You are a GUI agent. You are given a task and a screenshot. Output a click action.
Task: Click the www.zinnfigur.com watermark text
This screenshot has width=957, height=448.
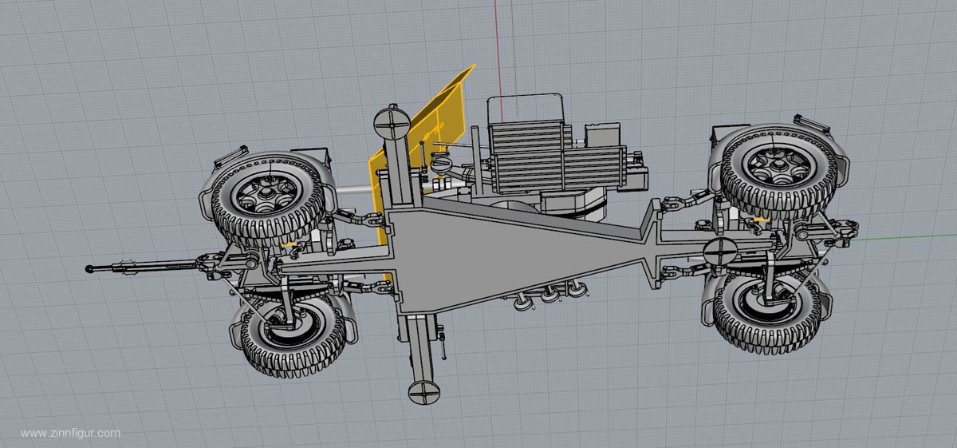70,433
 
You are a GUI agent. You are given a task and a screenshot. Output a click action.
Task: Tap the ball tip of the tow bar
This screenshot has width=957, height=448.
89,269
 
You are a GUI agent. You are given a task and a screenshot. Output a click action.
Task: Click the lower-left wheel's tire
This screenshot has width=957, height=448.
295,337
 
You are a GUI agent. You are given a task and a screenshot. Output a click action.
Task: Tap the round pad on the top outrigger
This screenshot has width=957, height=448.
392,123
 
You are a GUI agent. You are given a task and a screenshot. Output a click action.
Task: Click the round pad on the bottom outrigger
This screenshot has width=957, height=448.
423,391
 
